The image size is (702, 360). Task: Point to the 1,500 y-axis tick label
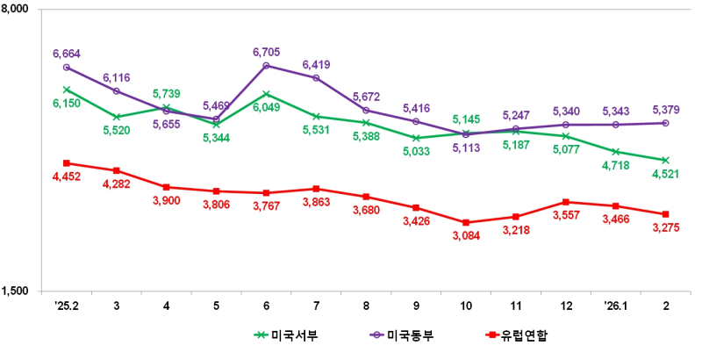16,291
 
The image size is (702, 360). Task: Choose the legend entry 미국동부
402,335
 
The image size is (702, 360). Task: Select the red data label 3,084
465,236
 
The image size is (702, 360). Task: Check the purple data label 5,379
664,110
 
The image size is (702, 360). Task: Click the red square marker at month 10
465,223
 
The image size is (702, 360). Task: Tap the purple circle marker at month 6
266,66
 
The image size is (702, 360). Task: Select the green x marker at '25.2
67,89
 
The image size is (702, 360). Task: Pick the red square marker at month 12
565,202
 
